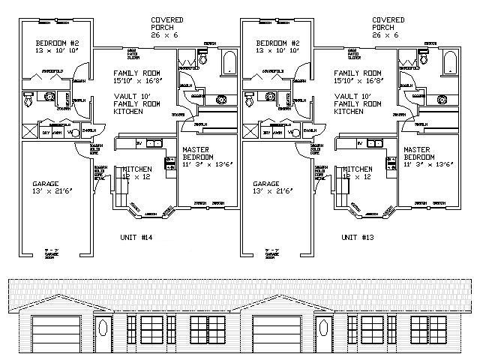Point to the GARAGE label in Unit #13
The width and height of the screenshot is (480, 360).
266,184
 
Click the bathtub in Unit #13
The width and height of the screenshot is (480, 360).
448,61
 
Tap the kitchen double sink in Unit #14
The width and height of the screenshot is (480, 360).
153,142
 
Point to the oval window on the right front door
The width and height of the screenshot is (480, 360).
323,327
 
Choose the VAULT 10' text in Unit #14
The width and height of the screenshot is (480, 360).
132,96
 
